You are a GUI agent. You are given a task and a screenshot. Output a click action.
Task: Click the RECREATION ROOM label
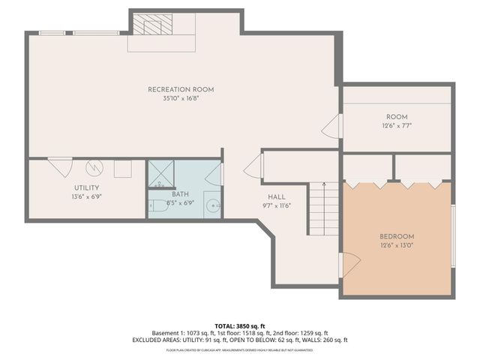(x=181, y=89)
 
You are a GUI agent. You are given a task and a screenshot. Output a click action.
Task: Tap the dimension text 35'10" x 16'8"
(x=181, y=98)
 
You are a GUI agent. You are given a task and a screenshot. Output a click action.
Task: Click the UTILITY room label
(x=87, y=187)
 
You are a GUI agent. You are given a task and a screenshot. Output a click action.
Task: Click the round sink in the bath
(x=212, y=205)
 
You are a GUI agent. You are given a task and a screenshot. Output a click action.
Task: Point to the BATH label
(x=179, y=193)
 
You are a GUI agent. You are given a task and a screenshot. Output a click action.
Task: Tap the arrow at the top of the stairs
(x=324, y=184)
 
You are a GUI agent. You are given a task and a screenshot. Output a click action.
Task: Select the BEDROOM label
(x=397, y=235)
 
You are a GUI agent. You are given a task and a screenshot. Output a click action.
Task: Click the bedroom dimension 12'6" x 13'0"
(x=397, y=244)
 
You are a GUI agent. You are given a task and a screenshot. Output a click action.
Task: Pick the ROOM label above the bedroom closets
(x=397, y=117)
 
